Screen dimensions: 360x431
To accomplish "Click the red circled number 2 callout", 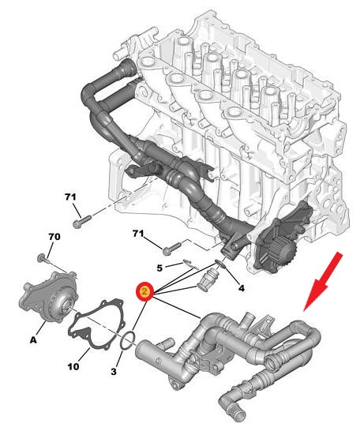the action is tap(144, 291).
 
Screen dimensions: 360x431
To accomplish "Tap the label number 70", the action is tap(54, 237).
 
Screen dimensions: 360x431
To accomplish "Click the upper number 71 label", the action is tap(70, 197).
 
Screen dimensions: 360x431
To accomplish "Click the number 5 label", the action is tap(159, 268).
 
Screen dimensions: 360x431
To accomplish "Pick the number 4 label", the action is tap(241, 288).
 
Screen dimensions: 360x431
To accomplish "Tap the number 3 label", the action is tap(114, 372).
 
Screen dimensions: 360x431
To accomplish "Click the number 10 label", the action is tap(73, 366).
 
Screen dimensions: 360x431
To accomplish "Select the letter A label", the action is tap(33, 340).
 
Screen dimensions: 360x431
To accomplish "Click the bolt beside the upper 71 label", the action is tap(81, 222).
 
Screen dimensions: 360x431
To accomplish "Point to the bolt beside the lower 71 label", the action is tap(172, 247).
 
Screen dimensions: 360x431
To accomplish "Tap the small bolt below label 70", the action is tap(43, 258).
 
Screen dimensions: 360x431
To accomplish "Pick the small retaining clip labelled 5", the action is tap(190, 264).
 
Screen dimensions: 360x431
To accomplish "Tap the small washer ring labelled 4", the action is tap(221, 264).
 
